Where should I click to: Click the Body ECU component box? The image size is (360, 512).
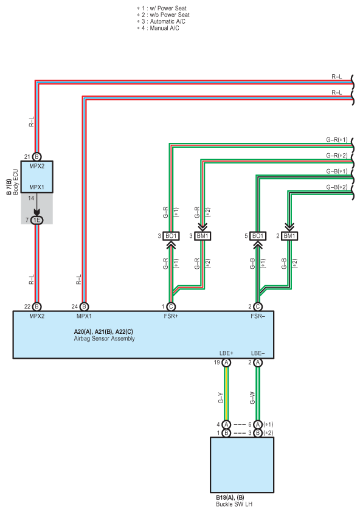tap(37, 177)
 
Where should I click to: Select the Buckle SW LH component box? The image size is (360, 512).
tap(242, 465)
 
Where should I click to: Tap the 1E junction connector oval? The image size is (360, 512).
tap(37, 220)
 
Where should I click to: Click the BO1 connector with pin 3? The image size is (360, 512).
tap(171, 236)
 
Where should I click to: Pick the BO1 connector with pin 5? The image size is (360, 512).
tap(258, 236)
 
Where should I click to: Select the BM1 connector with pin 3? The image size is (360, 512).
tap(202, 236)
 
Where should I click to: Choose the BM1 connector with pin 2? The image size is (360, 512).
tap(289, 236)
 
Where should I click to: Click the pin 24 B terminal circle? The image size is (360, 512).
tap(84, 306)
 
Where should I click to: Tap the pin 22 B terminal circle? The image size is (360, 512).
tap(37, 306)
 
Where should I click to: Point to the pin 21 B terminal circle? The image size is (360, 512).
tap(37, 157)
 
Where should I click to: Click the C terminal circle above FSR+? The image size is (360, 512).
tap(171, 306)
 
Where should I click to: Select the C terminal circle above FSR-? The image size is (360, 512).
tap(258, 306)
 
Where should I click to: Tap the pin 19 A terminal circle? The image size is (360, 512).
tap(226, 362)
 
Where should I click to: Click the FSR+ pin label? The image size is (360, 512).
tap(171, 316)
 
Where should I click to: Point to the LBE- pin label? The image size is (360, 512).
tap(258, 353)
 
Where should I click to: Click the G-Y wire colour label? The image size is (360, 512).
tap(221, 398)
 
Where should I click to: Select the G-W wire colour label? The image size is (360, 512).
tap(252, 398)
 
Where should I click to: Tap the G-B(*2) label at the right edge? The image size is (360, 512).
tap(336, 187)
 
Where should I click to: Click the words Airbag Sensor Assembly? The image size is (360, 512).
tap(104, 339)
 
